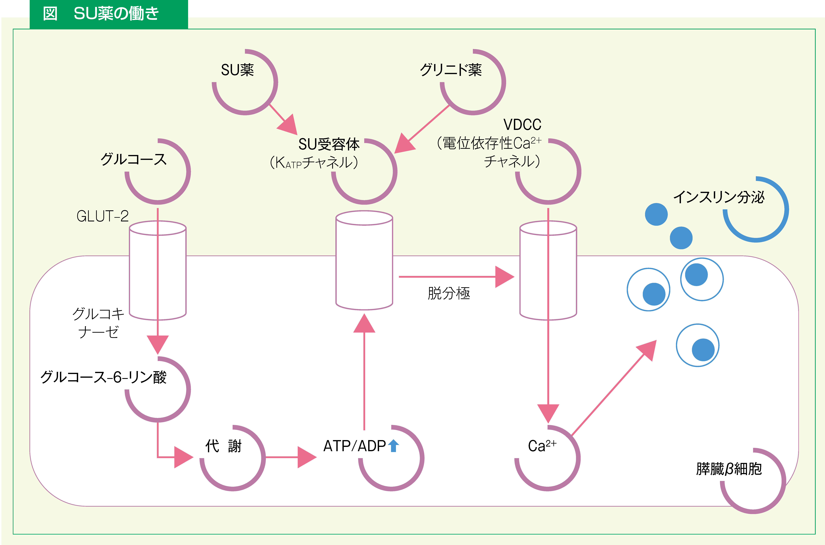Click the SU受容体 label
[x=329, y=144]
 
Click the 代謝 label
[x=223, y=446]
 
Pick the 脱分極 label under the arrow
[x=449, y=293]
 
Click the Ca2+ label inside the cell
[x=541, y=446]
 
